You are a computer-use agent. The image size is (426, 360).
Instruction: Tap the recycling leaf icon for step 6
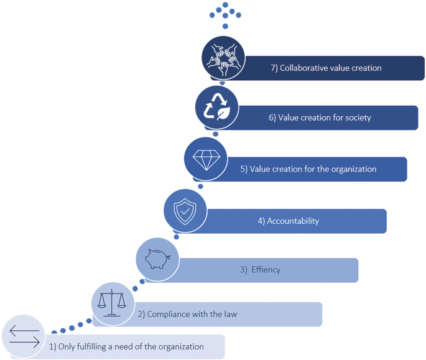pyautogui.click(x=216, y=106)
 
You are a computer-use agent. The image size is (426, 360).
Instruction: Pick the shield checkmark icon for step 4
pyautogui.click(x=184, y=211)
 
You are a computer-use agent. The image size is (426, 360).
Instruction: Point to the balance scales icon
pyautogui.click(x=113, y=303)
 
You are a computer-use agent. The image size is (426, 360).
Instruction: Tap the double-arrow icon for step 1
pyautogui.click(x=24, y=336)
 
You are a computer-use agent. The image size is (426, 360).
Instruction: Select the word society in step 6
pyautogui.click(x=357, y=118)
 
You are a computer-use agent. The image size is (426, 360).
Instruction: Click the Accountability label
pyautogui.click(x=293, y=221)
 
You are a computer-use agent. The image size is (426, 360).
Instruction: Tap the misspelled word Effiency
pyautogui.click(x=266, y=270)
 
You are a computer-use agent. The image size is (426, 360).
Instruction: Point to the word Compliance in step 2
pyautogui.click(x=169, y=314)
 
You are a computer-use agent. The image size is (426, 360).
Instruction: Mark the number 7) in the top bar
pyautogui.click(x=274, y=68)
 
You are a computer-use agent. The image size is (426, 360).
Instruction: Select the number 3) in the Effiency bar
pyautogui.click(x=244, y=270)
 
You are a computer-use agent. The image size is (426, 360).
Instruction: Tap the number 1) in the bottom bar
pyautogui.click(x=53, y=346)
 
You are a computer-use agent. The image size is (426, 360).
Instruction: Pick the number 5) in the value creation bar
pyautogui.click(x=243, y=169)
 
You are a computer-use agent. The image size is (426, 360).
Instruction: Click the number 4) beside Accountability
pyautogui.click(x=261, y=221)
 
